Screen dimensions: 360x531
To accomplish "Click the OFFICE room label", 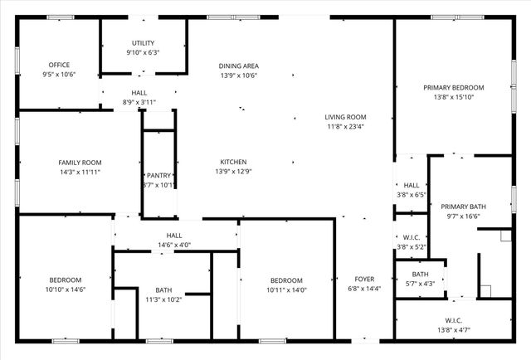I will tap(59, 65).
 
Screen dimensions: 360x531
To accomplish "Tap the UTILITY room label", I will tap(143, 43).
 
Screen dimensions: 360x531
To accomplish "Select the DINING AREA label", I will tap(238, 66).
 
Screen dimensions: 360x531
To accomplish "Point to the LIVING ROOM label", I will tap(345, 117).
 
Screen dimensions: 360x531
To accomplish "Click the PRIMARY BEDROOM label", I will tap(453, 87).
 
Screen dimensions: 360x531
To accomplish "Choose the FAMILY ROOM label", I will tap(80, 163).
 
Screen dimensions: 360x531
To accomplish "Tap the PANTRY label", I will tap(158, 176).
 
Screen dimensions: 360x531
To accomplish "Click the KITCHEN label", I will tap(233, 162).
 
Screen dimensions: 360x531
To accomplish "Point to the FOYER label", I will tap(364, 279).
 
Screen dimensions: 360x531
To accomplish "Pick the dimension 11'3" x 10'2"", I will tap(163, 299).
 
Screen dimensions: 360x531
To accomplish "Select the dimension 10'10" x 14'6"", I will tap(66, 289).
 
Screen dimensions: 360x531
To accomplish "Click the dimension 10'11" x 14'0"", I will tap(285, 290).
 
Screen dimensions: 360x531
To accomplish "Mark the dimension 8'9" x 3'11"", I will tap(139, 103).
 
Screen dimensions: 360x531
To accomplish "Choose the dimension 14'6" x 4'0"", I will tap(174, 245).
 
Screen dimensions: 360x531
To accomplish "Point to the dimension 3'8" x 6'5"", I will tap(412, 195).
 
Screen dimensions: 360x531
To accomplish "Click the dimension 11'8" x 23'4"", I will tap(345, 127).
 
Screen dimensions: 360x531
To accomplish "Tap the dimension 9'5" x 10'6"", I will tap(59, 75).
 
